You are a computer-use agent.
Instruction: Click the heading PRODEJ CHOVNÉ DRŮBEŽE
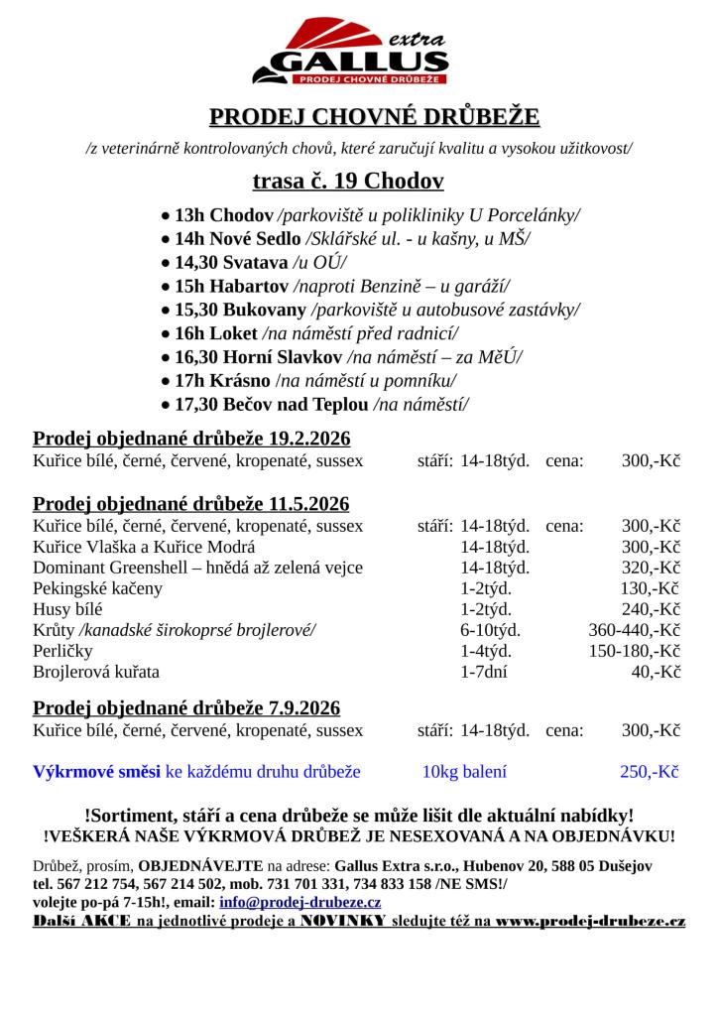pyautogui.click(x=374, y=118)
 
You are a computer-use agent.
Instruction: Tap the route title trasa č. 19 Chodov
pyautogui.click(x=348, y=181)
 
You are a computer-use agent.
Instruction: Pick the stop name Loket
pyautogui.click(x=234, y=333)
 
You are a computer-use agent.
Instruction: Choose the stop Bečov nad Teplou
pyautogui.click(x=290, y=404)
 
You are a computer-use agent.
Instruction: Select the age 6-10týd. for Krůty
pyautogui.click(x=490, y=630)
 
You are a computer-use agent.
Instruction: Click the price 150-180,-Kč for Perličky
pyautogui.click(x=634, y=651)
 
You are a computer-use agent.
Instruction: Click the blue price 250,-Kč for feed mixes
pyautogui.click(x=650, y=771)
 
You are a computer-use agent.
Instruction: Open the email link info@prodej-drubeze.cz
pyautogui.click(x=299, y=902)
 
